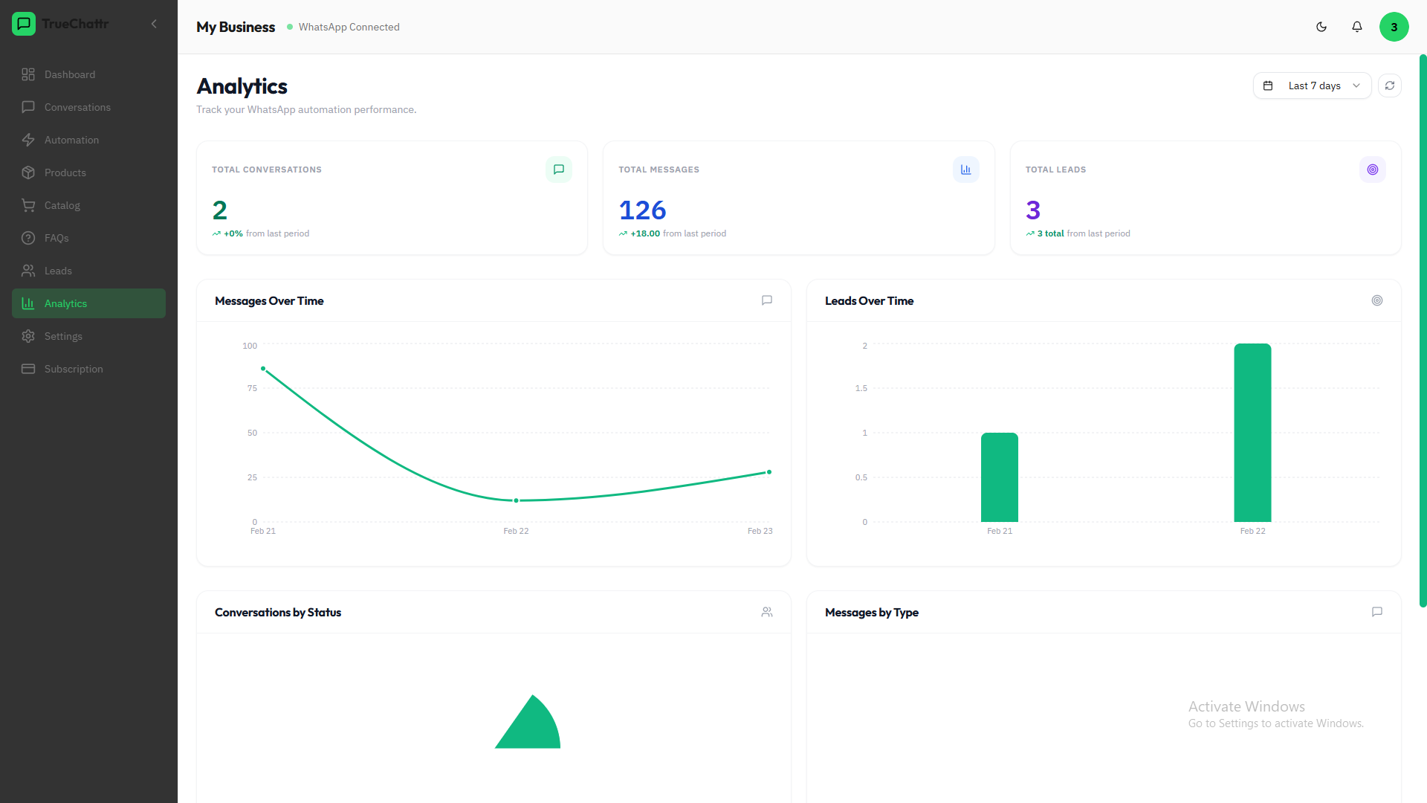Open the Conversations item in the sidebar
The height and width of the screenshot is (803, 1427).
click(77, 107)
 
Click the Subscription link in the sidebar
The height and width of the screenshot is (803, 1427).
click(74, 369)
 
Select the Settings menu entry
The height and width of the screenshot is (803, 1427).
click(63, 336)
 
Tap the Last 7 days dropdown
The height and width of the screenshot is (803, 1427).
click(1312, 86)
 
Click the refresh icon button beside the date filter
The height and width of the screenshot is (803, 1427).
click(1390, 86)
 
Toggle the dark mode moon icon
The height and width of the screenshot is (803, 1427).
click(1321, 27)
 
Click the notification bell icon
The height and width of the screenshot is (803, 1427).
click(1357, 27)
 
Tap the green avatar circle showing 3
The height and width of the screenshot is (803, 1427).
click(1394, 27)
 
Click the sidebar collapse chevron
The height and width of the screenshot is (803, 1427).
click(154, 24)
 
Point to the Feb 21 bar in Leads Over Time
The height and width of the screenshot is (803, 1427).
click(1000, 477)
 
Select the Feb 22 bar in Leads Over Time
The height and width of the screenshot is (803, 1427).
click(1252, 433)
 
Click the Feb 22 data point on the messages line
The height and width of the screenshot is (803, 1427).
click(516, 500)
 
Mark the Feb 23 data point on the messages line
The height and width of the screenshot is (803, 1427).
click(769, 472)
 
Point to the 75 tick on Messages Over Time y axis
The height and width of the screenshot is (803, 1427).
click(252, 388)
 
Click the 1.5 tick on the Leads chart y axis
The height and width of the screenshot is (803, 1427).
click(861, 388)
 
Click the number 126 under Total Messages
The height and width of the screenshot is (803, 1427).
click(642, 210)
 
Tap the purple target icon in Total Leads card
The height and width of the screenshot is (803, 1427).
click(1373, 170)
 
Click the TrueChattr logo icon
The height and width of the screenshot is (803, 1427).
click(24, 24)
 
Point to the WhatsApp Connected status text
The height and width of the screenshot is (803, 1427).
click(349, 27)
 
